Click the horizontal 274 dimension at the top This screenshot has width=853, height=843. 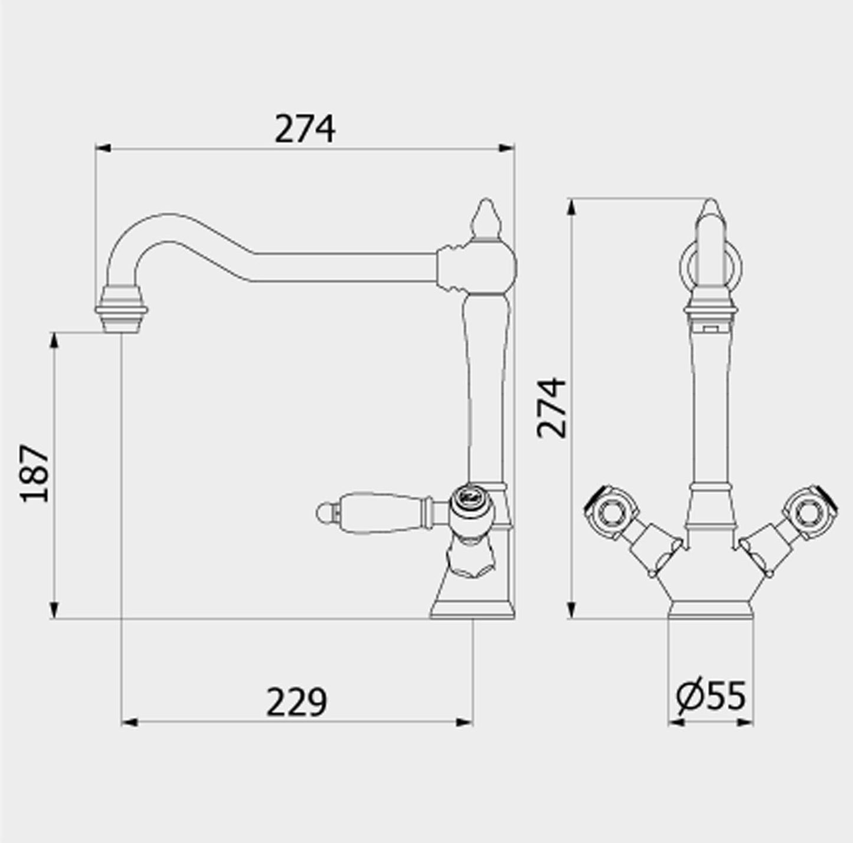tap(305, 129)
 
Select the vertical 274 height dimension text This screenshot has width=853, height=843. tap(552, 408)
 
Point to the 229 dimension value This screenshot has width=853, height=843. tap(296, 702)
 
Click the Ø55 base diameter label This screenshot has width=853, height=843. tap(711, 695)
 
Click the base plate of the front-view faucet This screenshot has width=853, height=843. tap(710, 610)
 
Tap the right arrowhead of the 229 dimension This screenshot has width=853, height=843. tap(465, 721)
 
